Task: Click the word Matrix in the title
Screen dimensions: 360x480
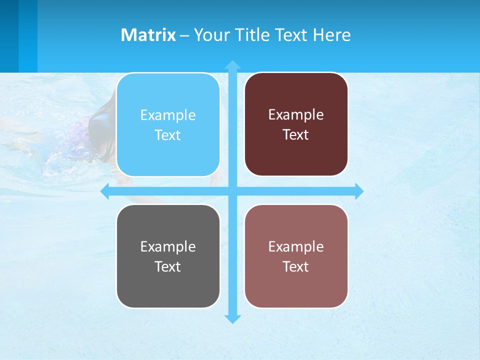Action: click(x=148, y=35)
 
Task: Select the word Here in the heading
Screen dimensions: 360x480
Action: click(x=332, y=35)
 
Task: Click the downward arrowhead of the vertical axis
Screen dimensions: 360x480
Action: click(x=232, y=318)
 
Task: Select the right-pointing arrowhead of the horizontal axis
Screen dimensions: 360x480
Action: click(x=358, y=191)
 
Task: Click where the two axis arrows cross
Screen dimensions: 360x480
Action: click(x=232, y=191)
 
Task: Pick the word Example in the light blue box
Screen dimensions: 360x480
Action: click(x=168, y=115)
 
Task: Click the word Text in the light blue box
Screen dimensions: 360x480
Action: click(x=168, y=135)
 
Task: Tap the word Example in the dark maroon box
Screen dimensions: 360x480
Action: click(x=296, y=115)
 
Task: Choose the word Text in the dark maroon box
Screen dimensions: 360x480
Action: click(x=296, y=135)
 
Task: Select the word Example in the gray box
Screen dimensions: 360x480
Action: click(x=168, y=247)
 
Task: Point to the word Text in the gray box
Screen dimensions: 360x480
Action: click(x=168, y=267)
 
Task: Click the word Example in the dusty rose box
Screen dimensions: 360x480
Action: click(x=296, y=247)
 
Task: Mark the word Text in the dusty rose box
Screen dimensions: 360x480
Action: click(x=296, y=267)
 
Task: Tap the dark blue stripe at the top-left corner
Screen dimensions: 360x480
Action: click(x=9, y=35)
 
